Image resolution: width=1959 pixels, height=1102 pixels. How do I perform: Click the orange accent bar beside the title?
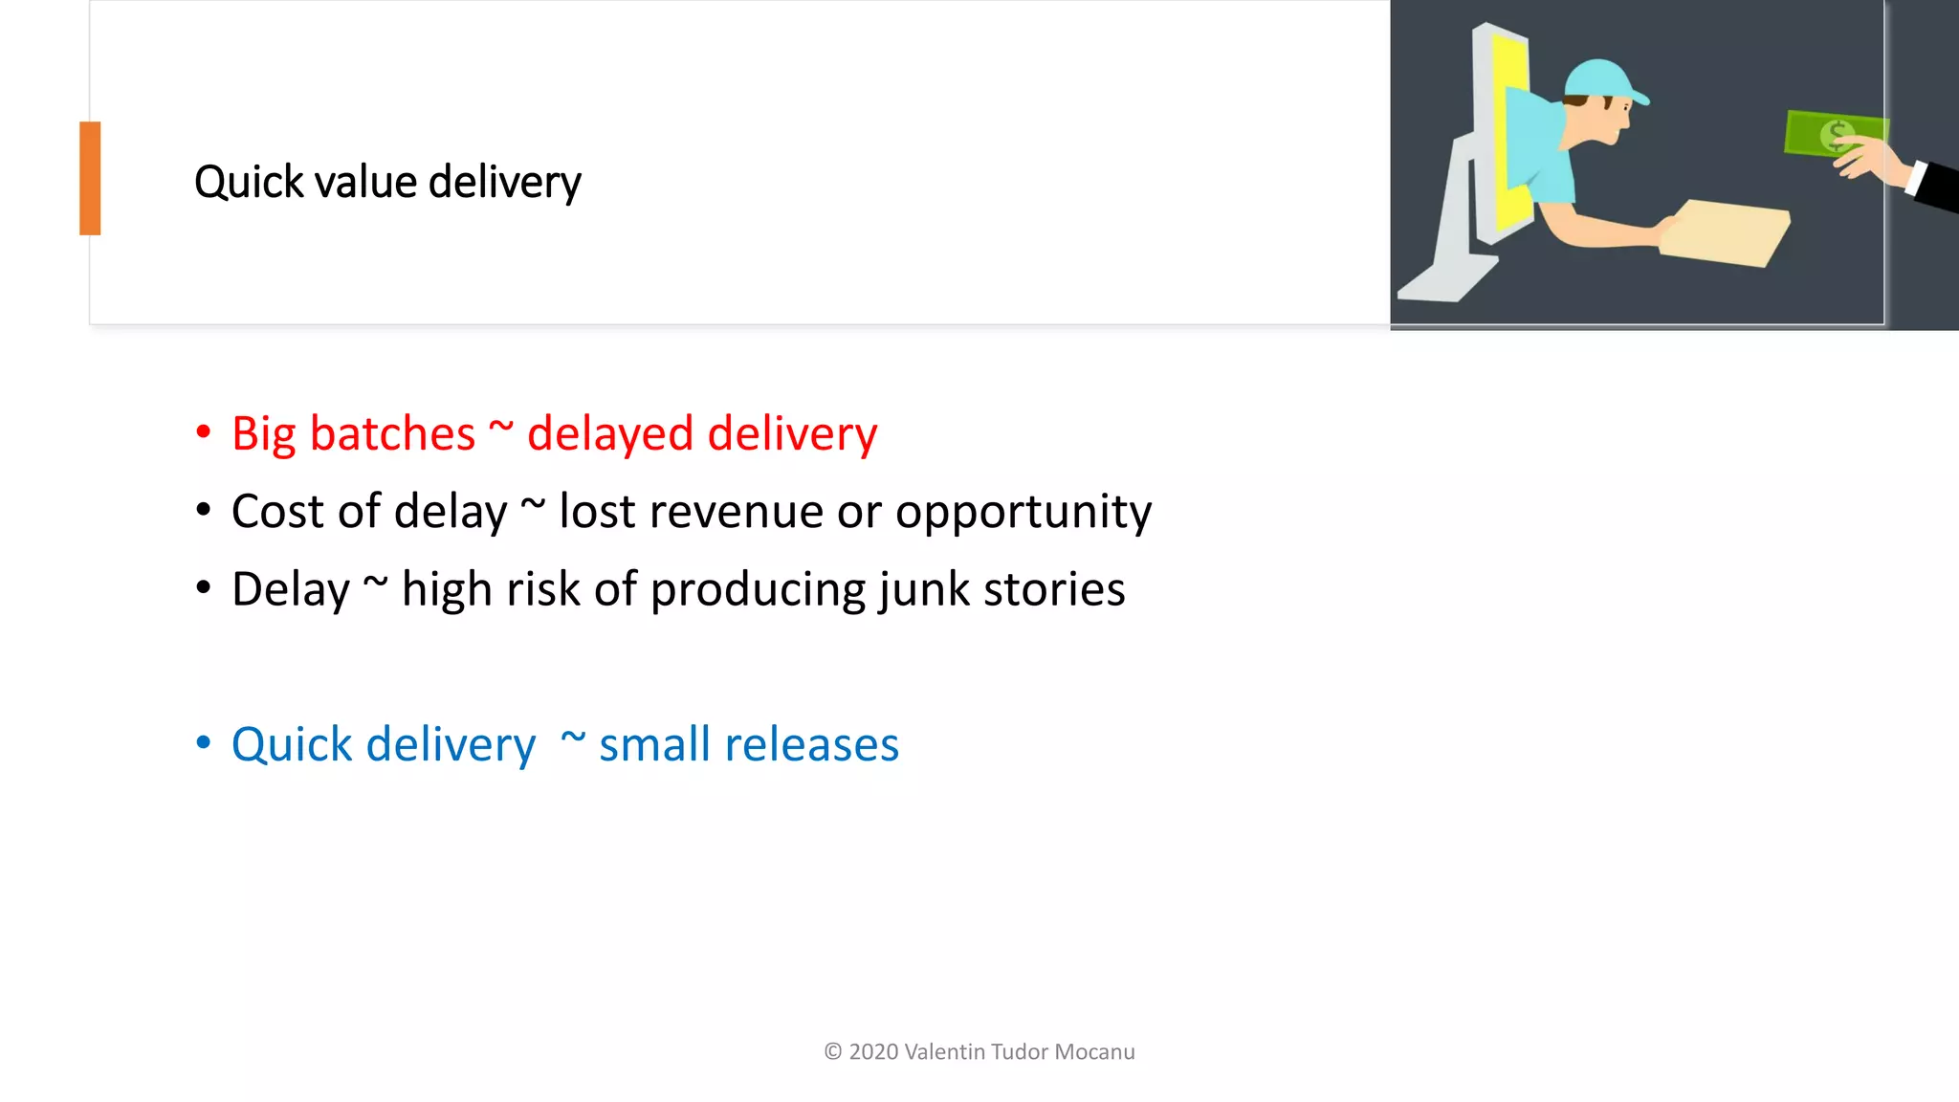point(90,178)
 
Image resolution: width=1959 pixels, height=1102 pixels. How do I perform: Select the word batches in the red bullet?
point(392,434)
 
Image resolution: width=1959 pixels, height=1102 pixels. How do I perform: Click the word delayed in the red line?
point(610,434)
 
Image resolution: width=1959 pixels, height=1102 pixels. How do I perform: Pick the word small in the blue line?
point(668,744)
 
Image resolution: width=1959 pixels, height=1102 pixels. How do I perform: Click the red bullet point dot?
point(203,432)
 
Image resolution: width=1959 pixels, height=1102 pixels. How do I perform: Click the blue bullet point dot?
point(203,742)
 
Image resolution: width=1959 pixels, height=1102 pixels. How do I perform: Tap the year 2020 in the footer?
point(873,1051)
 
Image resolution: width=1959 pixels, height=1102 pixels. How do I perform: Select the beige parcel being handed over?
point(1727,232)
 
